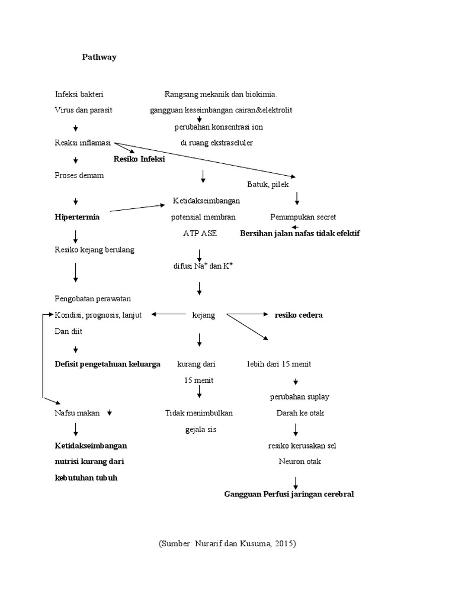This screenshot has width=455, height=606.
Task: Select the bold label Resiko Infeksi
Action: click(139, 159)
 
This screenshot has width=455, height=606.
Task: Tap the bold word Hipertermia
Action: click(77, 217)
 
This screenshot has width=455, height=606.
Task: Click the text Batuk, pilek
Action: click(268, 185)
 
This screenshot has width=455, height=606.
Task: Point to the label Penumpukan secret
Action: click(303, 217)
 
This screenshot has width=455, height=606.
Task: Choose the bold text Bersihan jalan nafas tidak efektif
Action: click(300, 233)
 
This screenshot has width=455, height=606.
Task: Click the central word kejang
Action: click(204, 315)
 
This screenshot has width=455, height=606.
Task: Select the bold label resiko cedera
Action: click(299, 315)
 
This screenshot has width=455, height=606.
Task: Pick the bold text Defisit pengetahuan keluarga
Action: click(107, 365)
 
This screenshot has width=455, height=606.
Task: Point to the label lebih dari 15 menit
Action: click(279, 365)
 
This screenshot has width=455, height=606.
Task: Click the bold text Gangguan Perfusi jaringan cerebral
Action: click(289, 494)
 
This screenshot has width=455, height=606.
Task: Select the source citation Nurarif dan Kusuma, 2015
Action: click(227, 543)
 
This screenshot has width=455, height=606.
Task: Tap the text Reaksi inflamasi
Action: click(83, 143)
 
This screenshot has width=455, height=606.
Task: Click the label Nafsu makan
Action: click(78, 413)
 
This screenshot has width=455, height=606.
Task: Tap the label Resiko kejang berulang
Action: click(94, 250)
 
